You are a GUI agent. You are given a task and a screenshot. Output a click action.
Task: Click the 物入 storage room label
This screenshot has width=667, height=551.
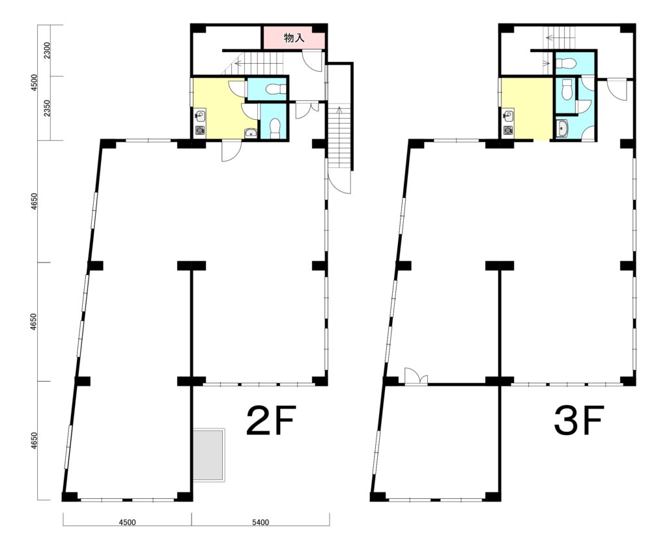point(294,38)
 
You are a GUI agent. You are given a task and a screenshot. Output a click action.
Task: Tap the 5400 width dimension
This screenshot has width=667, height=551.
point(261,522)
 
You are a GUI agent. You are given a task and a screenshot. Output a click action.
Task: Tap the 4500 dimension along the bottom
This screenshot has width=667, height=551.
point(127,522)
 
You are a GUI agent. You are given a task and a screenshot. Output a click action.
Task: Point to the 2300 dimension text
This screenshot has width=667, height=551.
point(47,50)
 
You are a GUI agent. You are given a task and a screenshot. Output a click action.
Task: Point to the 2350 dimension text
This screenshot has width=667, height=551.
point(47,108)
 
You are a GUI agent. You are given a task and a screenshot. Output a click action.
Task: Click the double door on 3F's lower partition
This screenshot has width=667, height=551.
point(416,376)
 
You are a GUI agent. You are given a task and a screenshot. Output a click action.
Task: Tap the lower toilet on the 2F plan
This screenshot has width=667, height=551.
point(275,128)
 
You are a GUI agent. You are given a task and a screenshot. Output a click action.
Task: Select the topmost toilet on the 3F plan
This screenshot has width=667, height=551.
point(566,64)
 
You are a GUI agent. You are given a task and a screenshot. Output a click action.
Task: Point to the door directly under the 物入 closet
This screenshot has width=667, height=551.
point(313,61)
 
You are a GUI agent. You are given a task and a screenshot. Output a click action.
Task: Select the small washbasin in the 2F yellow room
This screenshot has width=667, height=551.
point(251,133)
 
